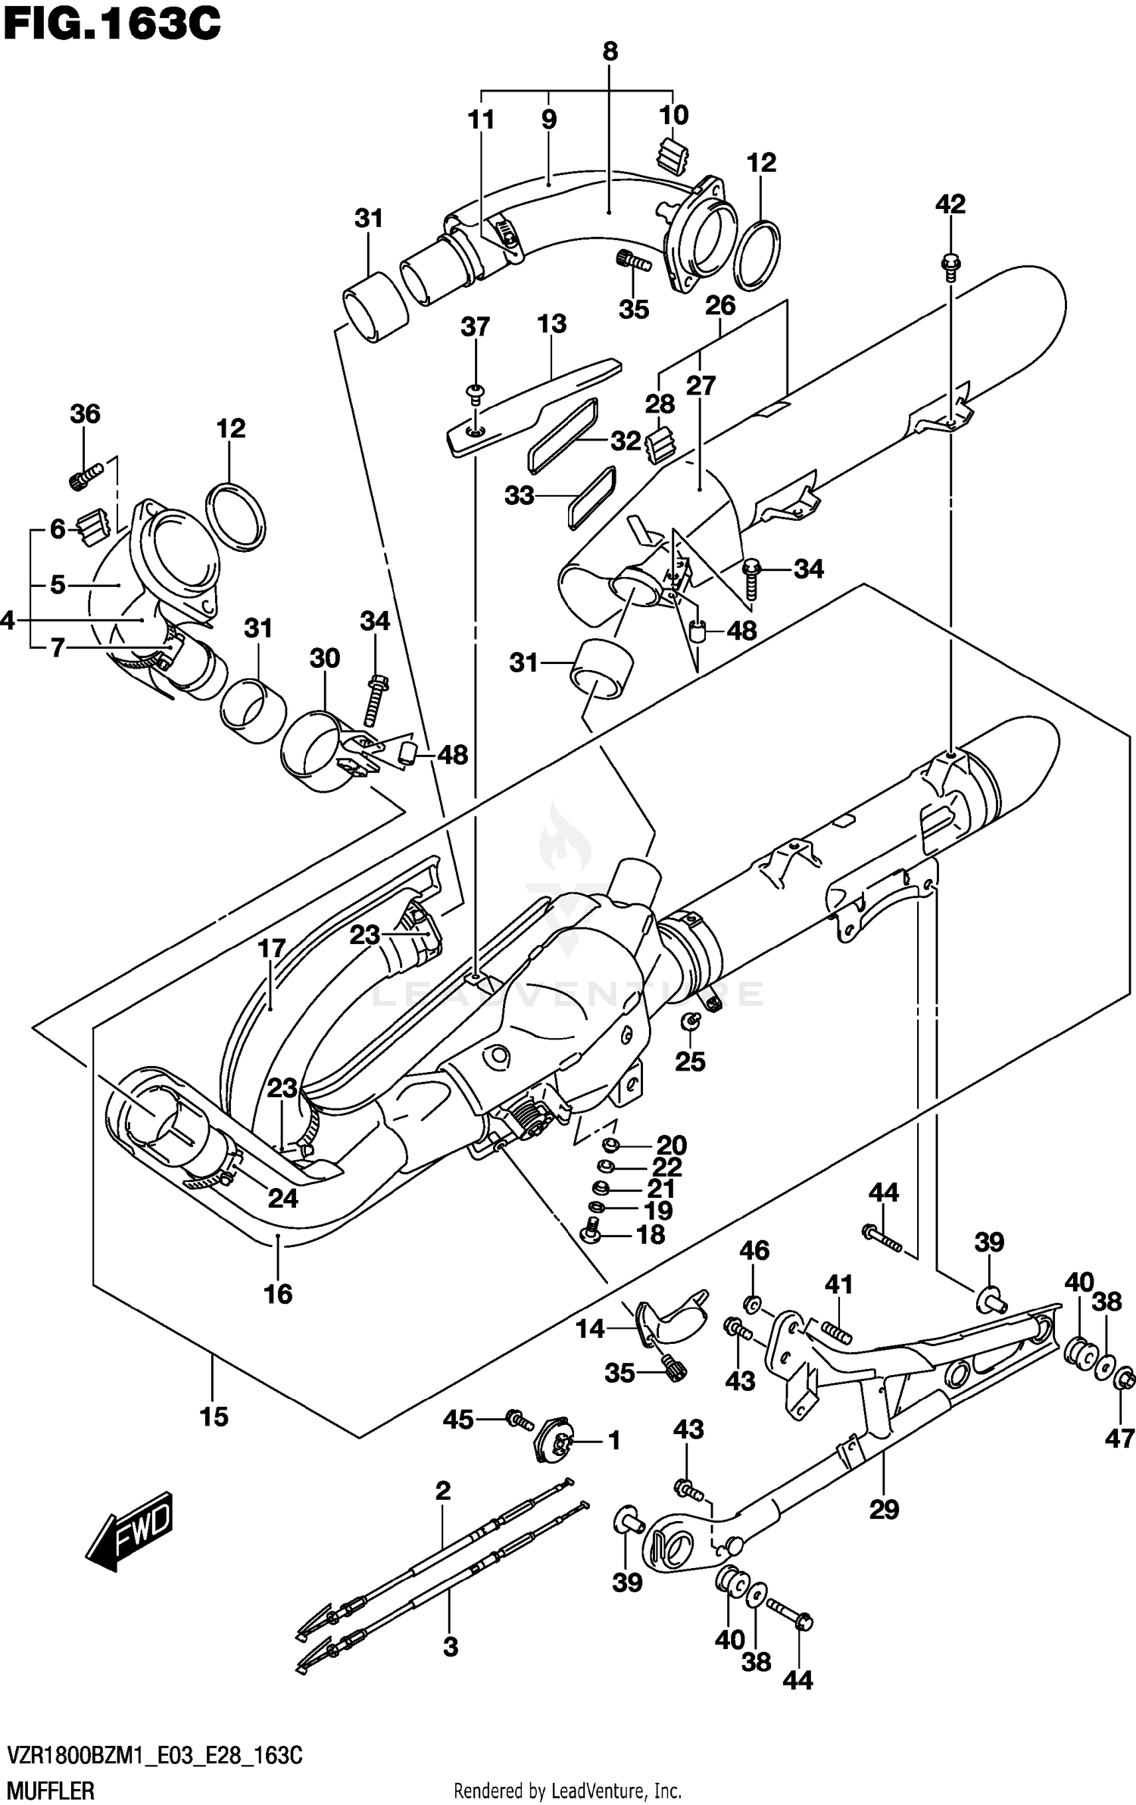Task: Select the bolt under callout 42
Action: pos(949,264)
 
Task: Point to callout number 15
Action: pos(214,1416)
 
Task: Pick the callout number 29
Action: pos(884,1510)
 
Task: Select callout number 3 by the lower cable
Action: pos(450,1647)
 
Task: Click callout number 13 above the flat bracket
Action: pos(551,324)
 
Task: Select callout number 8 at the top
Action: pos(610,51)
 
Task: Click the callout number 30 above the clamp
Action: pos(324,659)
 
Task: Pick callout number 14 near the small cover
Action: pos(590,1328)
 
